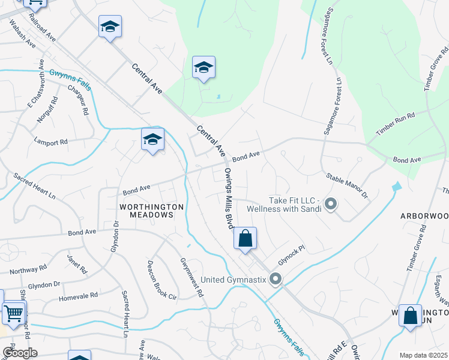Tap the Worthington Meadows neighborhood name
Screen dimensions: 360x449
pos(151,211)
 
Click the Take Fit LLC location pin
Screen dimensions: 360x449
pos(330,205)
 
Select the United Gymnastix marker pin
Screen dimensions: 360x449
pos(276,278)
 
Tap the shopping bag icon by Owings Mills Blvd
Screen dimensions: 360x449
pos(245,238)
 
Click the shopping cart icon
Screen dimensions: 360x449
pos(14,312)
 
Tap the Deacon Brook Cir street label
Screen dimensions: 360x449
pos(162,280)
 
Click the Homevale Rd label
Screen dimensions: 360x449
pos(78,296)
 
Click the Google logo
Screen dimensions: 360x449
pos(20,353)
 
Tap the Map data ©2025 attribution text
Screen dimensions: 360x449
pos(423,355)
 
